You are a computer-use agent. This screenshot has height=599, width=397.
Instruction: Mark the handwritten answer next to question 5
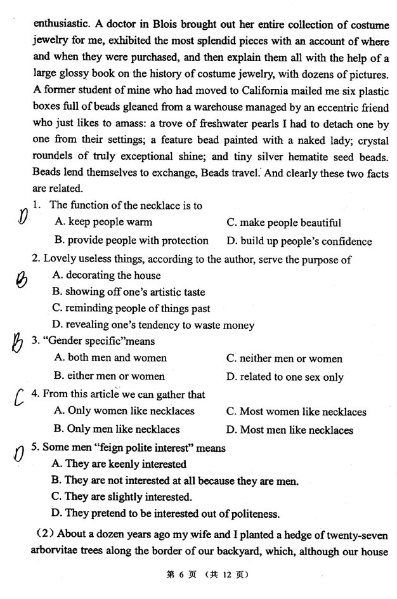20,453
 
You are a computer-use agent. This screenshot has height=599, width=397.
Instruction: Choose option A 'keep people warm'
103,223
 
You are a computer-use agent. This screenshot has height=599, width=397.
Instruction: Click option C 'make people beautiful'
283,223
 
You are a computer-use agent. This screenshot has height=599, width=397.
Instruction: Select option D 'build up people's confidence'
299,241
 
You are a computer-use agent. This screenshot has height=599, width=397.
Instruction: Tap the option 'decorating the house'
107,275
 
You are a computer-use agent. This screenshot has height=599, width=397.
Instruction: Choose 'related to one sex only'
285,376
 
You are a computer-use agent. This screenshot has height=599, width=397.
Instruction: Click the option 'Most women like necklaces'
296,412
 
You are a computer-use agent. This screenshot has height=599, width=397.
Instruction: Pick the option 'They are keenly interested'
119,464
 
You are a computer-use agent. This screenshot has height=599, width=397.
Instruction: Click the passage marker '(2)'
44,536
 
